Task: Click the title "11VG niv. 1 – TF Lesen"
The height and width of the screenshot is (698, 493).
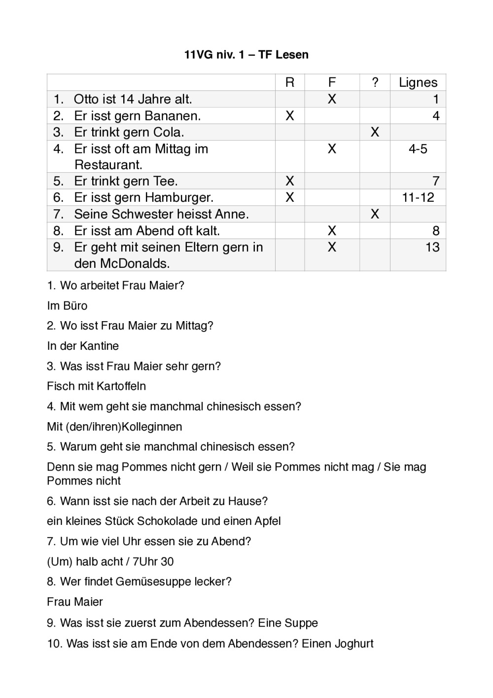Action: coord(246,55)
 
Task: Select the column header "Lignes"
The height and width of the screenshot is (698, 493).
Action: coord(418,82)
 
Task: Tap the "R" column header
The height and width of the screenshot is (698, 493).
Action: coord(290,82)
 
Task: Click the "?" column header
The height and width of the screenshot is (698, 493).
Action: coord(375,82)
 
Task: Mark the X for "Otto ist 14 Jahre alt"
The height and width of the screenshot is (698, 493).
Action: coord(332,99)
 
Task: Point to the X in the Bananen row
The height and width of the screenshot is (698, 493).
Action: coord(290,116)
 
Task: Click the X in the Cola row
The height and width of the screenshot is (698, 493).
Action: coord(375,132)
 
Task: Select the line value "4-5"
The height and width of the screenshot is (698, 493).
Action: coord(418,149)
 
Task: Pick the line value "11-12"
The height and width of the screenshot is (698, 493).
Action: coord(418,198)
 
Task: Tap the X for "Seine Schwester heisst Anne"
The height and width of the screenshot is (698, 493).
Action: coord(375,214)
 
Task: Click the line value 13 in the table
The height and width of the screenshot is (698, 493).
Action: coord(432,247)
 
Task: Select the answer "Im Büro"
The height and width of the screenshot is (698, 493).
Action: coord(67,306)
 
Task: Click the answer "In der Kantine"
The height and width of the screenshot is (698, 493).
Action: coord(83,346)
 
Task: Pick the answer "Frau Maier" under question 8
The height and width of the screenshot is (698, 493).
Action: coord(75,602)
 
